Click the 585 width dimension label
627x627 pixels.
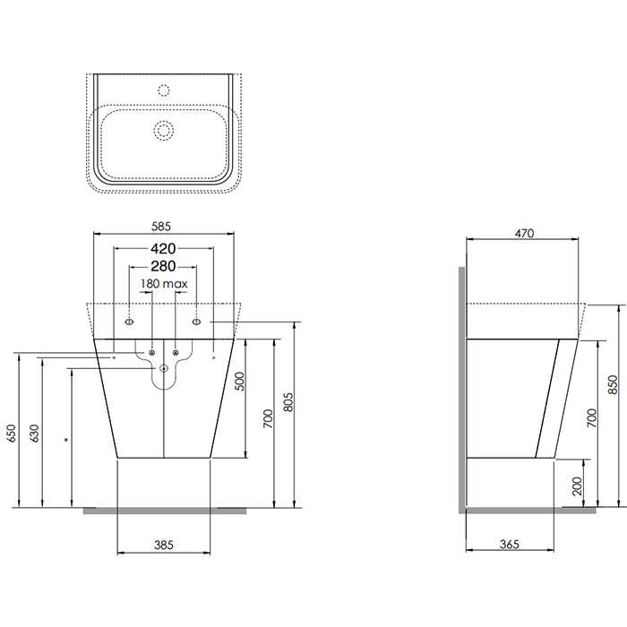coord(161,227)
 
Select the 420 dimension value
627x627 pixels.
coord(163,249)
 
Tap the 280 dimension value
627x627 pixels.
coord(163,266)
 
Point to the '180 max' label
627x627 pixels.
coord(164,284)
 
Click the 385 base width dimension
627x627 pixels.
coord(164,545)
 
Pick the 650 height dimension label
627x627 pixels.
coord(11,433)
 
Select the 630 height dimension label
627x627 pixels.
coord(34,433)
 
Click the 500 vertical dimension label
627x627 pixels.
coord(239,381)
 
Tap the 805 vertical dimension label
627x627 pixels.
coord(288,402)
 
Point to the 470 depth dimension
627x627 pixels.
coord(524,233)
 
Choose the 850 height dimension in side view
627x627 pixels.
coord(612,384)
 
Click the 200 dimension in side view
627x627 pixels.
coord(577,485)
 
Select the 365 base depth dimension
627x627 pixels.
coord(510,544)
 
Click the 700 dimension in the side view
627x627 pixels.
coord(592,418)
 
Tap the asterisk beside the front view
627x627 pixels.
coord(67,441)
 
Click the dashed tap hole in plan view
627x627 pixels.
coord(164,90)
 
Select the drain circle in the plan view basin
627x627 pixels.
coord(164,130)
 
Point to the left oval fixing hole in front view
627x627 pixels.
coord(129,322)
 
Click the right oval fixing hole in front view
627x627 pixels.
coord(196,322)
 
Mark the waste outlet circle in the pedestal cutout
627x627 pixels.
coord(164,368)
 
